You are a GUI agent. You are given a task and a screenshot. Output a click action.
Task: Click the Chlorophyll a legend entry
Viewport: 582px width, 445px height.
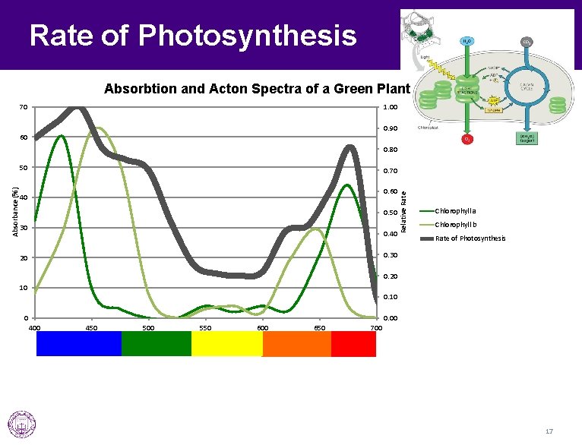click(455, 210)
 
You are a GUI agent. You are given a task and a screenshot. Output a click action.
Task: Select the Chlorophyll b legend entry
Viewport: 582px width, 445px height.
click(455, 224)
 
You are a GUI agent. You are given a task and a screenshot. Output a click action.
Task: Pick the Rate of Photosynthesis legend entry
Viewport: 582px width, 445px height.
click(470, 238)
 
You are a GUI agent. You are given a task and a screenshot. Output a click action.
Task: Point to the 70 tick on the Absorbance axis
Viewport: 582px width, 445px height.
click(23, 107)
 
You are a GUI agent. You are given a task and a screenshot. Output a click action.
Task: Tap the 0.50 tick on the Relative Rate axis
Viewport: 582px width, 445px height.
click(389, 213)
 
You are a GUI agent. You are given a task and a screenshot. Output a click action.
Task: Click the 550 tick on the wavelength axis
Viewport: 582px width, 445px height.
click(205, 328)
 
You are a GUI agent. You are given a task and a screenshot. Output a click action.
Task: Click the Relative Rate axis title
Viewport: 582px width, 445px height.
click(403, 211)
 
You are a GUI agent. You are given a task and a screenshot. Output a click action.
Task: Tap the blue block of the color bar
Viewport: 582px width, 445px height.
click(79, 344)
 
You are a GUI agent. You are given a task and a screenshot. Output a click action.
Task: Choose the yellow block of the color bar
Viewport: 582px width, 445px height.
click(226, 344)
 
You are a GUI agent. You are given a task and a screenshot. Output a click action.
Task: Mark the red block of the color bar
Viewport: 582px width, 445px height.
click(353, 344)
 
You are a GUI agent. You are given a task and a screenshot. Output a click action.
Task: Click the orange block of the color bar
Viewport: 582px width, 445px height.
click(296, 344)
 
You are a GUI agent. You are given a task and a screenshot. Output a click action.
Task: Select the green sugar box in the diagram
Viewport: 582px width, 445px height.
click(525, 138)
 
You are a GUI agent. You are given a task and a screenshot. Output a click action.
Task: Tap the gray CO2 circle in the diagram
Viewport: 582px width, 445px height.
click(526, 42)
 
